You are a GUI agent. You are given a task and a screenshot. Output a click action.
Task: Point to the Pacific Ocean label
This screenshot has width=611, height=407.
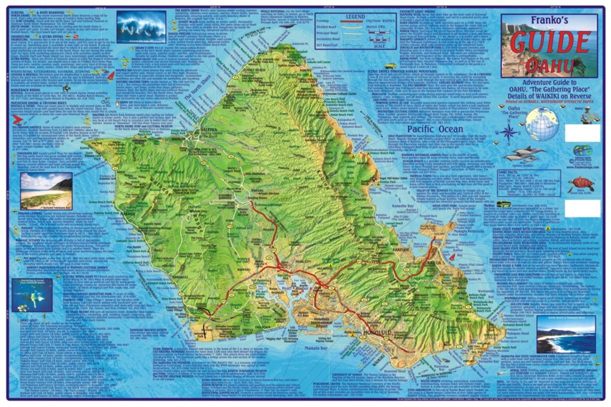point(435,129)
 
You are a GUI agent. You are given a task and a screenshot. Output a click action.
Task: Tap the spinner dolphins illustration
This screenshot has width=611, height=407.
point(524,154)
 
